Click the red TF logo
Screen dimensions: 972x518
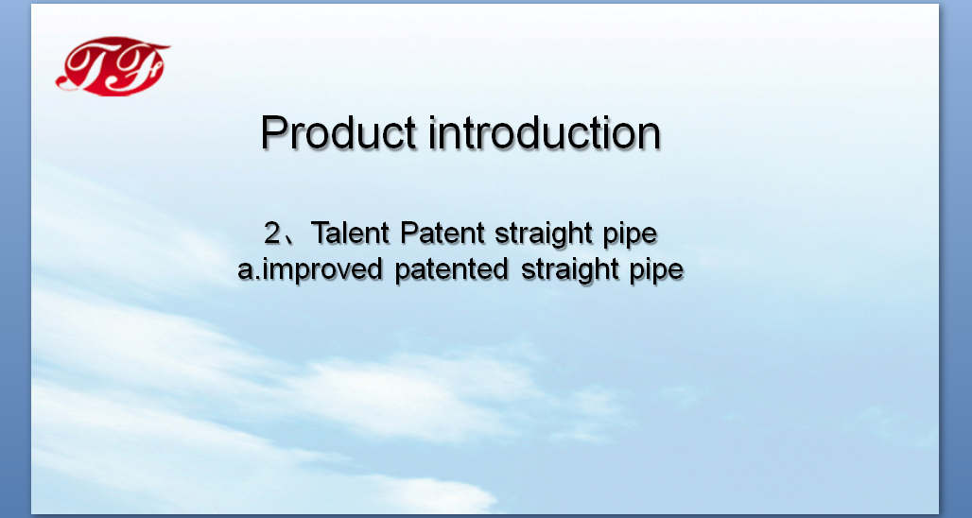(x=113, y=65)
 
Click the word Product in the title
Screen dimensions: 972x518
(x=338, y=132)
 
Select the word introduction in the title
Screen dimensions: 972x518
(x=545, y=132)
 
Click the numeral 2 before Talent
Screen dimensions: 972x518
(x=272, y=233)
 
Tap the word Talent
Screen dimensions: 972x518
(x=351, y=233)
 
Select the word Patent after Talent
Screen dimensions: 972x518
(x=443, y=233)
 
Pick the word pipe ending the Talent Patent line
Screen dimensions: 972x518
(x=630, y=236)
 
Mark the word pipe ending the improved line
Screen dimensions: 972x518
(x=656, y=272)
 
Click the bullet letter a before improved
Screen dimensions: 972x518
(x=246, y=272)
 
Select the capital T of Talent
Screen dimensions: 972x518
(x=321, y=233)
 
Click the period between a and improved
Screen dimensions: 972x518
(x=258, y=279)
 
